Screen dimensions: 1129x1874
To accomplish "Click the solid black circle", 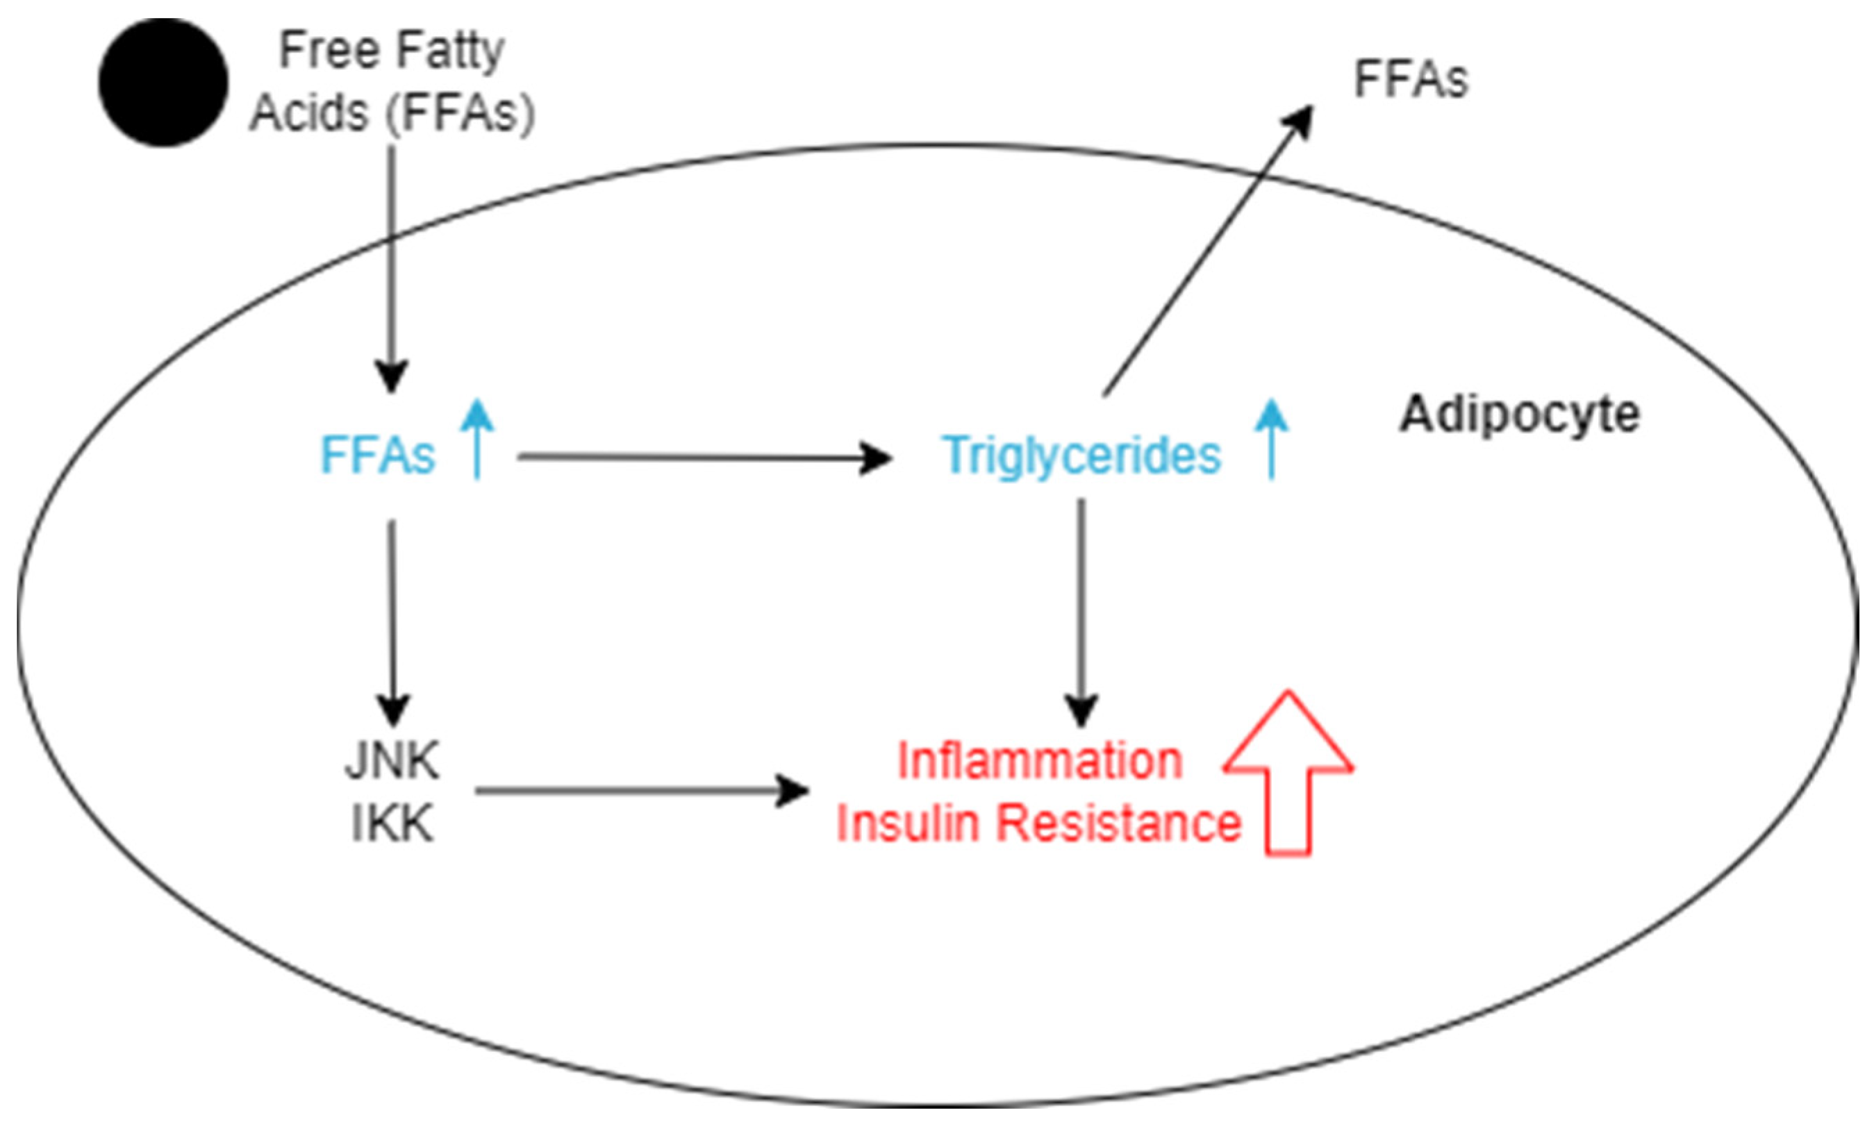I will click(x=163, y=82).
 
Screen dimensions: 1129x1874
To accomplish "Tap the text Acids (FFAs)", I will click(x=392, y=112).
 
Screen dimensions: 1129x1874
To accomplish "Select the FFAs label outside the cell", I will click(x=1410, y=79).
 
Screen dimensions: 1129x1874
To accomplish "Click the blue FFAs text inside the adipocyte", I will click(x=378, y=455).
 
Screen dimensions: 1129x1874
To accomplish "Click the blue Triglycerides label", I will click(x=1081, y=455).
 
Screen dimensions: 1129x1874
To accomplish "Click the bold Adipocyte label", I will click(x=1520, y=415).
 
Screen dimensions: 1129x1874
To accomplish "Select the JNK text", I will click(x=392, y=760).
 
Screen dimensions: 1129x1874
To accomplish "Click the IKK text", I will click(x=392, y=823).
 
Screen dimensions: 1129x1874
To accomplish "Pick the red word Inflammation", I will click(x=1040, y=760).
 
